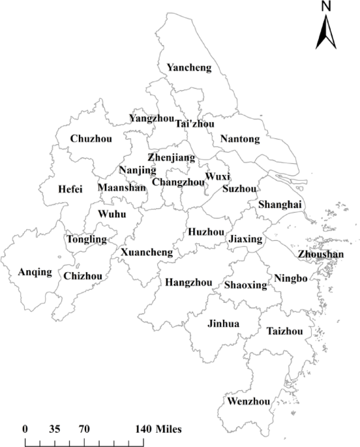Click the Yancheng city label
tap(188, 67)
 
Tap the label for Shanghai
tap(280, 204)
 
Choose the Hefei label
tap(70, 189)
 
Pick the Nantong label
tap(240, 139)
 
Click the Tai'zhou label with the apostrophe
tap(195, 124)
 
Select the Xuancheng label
tap(147, 252)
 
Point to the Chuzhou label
tap(91, 138)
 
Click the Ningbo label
tap(290, 278)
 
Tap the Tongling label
tap(87, 239)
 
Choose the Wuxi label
tap(217, 177)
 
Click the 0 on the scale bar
tap(25, 429)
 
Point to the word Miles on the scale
tap(168, 429)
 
